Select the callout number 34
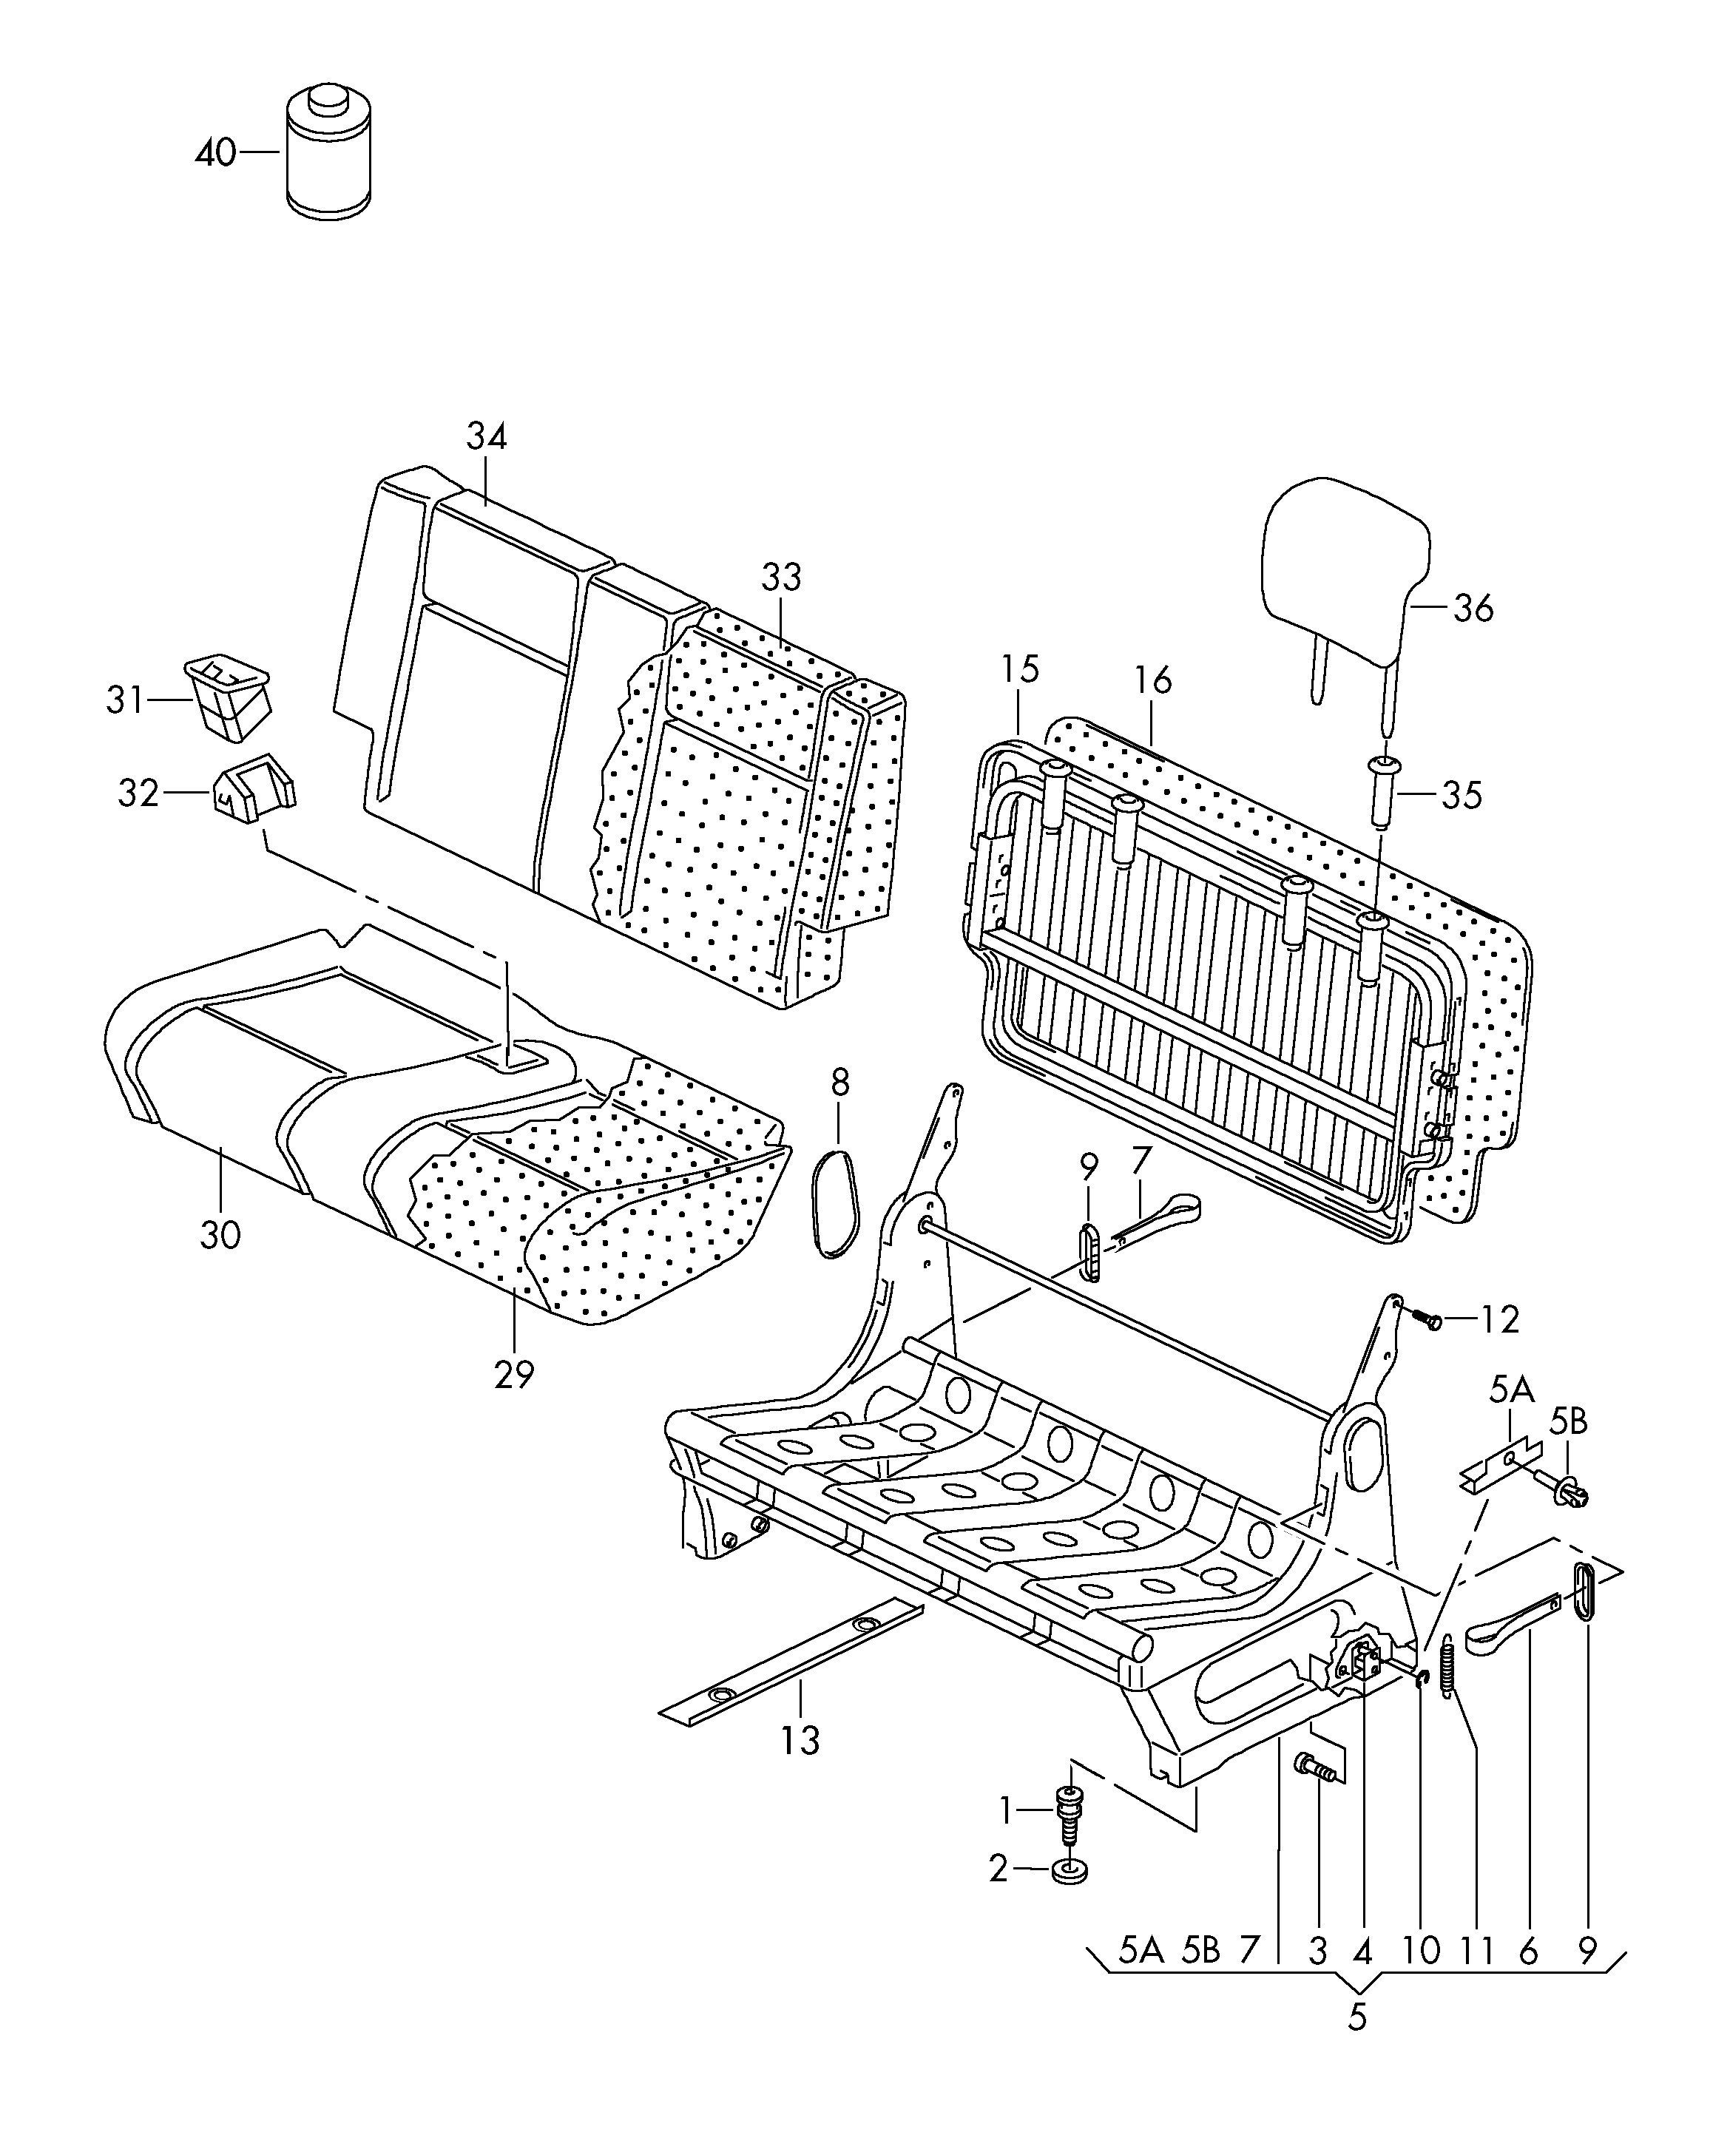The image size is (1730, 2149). point(487,436)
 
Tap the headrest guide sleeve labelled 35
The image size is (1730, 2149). point(1382,791)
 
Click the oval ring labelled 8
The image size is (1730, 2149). point(836,1203)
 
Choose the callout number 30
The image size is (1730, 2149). point(220,1235)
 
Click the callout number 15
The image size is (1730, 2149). point(1019,669)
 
